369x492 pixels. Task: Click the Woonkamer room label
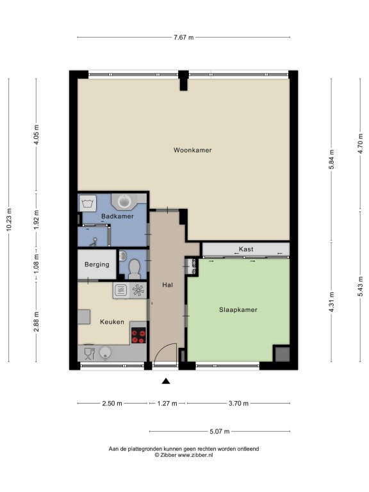192,150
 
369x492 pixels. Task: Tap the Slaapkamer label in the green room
238,309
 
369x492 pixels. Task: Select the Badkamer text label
117,216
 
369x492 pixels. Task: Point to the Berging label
97,265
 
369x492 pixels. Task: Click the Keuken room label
112,322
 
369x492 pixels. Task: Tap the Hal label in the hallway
168,285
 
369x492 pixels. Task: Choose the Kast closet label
246,249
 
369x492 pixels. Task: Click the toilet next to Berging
135,268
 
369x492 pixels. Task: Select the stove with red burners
138,336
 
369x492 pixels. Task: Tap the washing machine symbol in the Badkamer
88,203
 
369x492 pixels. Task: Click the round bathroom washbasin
124,201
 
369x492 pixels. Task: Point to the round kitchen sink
106,353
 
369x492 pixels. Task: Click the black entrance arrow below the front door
166,381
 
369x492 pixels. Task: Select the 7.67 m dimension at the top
184,37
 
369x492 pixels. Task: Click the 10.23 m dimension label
8,220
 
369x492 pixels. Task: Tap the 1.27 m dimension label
167,403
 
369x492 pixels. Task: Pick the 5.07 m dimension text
220,431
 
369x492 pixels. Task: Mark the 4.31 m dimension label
331,302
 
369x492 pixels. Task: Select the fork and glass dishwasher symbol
90,354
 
